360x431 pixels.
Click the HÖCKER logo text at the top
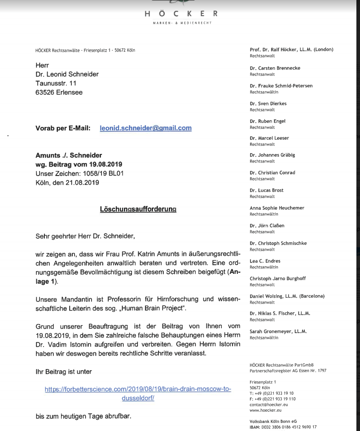tap(181, 14)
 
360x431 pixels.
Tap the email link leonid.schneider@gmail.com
tap(145, 128)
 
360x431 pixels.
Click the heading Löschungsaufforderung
tap(138, 209)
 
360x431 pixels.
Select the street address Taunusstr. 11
tap(56, 84)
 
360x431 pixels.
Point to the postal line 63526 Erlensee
tap(59, 92)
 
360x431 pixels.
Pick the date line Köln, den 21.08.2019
tap(67, 183)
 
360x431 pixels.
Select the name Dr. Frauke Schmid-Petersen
tap(281, 86)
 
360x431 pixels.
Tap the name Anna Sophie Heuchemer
tap(277, 208)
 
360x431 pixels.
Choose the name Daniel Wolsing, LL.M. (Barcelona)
tap(287, 296)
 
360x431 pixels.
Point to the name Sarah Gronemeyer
tap(278, 331)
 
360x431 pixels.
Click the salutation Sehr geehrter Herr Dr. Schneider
tap(85, 236)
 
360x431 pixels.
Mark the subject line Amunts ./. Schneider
tap(69, 155)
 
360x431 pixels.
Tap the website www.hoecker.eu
tap(265, 410)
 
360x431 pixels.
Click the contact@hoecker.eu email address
tap(268, 405)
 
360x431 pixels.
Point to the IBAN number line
tap(283, 427)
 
